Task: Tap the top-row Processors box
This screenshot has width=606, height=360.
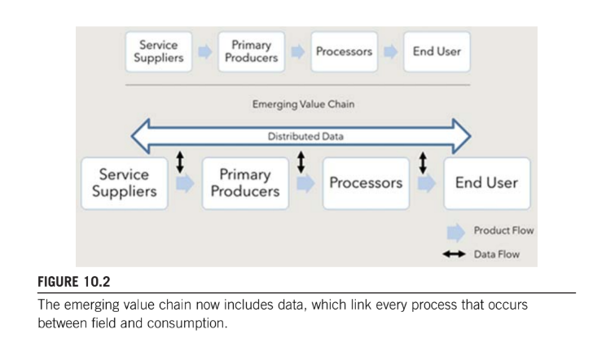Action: click(x=344, y=51)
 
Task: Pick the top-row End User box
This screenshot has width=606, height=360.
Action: click(x=436, y=51)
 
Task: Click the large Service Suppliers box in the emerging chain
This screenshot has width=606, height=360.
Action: click(x=124, y=183)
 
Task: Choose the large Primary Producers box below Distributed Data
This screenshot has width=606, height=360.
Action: click(x=244, y=183)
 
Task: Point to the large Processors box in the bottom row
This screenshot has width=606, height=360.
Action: click(x=366, y=183)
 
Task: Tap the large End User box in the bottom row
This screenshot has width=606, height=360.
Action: click(x=485, y=183)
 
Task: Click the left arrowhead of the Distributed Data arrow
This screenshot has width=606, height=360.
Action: click(x=143, y=136)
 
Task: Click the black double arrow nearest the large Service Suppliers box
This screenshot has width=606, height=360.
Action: click(x=180, y=162)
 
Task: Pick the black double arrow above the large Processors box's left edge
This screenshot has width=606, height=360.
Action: click(x=301, y=162)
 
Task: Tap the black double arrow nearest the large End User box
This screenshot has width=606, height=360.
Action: click(x=422, y=162)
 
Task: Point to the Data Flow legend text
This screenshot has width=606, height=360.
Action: click(x=496, y=255)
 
